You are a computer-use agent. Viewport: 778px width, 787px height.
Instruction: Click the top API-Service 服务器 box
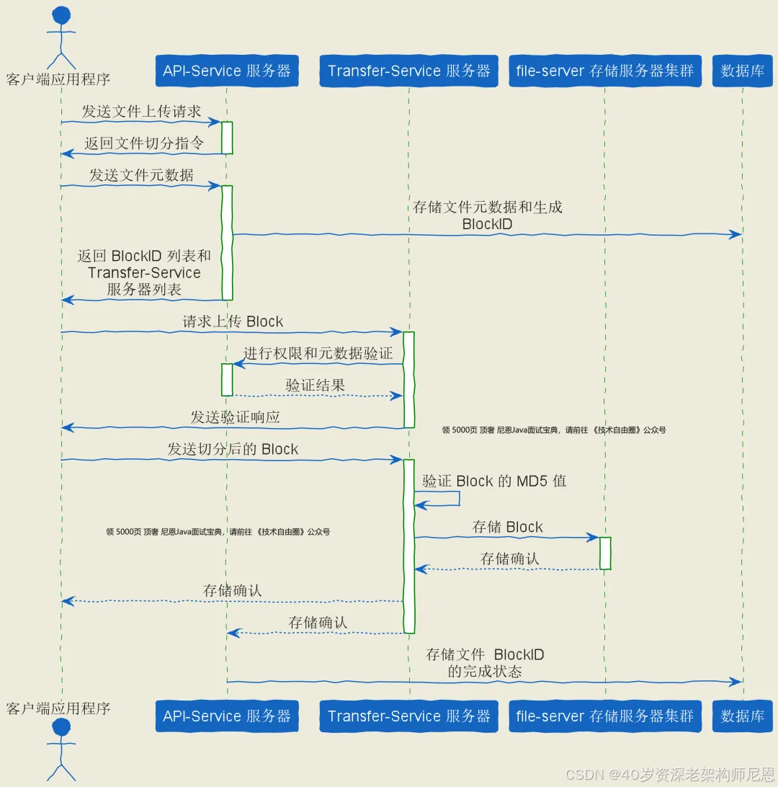tap(226, 71)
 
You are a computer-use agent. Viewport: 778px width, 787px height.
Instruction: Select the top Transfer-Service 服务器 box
tap(408, 71)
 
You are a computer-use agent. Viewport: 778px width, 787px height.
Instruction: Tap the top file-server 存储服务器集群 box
tap(604, 71)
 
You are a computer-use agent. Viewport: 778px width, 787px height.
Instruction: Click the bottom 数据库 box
tap(742, 716)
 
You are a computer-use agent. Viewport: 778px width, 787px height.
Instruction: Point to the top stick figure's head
tap(62, 15)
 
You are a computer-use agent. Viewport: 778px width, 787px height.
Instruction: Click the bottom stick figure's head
tap(62, 729)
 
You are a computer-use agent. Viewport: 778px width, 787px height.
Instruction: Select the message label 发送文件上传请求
tap(141, 111)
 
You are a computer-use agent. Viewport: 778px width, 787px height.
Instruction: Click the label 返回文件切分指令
tap(144, 143)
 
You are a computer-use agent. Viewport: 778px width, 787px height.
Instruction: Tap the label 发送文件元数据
tap(141, 174)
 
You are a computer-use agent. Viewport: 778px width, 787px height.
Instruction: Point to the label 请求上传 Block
tap(233, 321)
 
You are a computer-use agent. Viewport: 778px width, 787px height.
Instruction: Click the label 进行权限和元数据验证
tap(318, 353)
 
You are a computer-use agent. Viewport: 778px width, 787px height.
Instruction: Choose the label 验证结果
tap(315, 385)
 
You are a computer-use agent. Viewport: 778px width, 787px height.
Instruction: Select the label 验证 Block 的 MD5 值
tap(494, 481)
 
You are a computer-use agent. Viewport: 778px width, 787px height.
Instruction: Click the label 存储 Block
tap(507, 527)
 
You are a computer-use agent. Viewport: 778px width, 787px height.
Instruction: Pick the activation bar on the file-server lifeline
tap(605, 553)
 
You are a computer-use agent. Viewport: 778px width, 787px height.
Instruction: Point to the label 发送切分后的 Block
tap(233, 449)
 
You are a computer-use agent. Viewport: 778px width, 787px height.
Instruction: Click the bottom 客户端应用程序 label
tap(58, 708)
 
